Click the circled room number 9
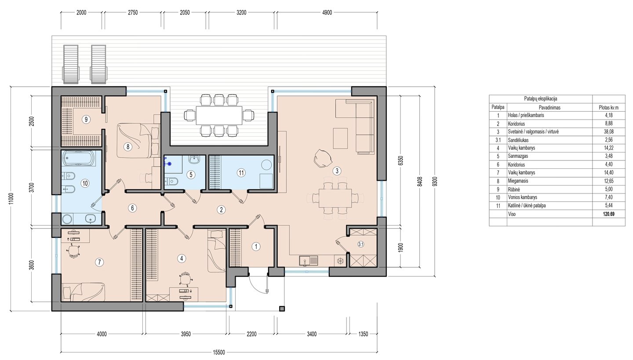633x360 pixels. pos(86,120)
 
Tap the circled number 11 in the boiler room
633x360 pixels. pos(241,173)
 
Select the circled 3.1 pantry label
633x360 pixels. pos(361,244)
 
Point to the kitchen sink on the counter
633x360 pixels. pos(309,260)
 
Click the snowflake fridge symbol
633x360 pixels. pos(341,261)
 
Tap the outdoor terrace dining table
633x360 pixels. pos(219,115)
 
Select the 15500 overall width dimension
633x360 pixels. pos(219,352)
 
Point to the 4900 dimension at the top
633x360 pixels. pos(327,12)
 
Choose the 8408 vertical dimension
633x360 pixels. pos(420,181)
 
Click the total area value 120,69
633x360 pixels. pos(608,214)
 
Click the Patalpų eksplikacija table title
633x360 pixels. pos(541,99)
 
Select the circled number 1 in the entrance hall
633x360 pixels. pos(256,247)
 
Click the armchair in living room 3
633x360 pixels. pos(323,158)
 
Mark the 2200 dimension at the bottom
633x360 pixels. pos(251,334)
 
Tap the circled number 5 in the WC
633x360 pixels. pos(191,175)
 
